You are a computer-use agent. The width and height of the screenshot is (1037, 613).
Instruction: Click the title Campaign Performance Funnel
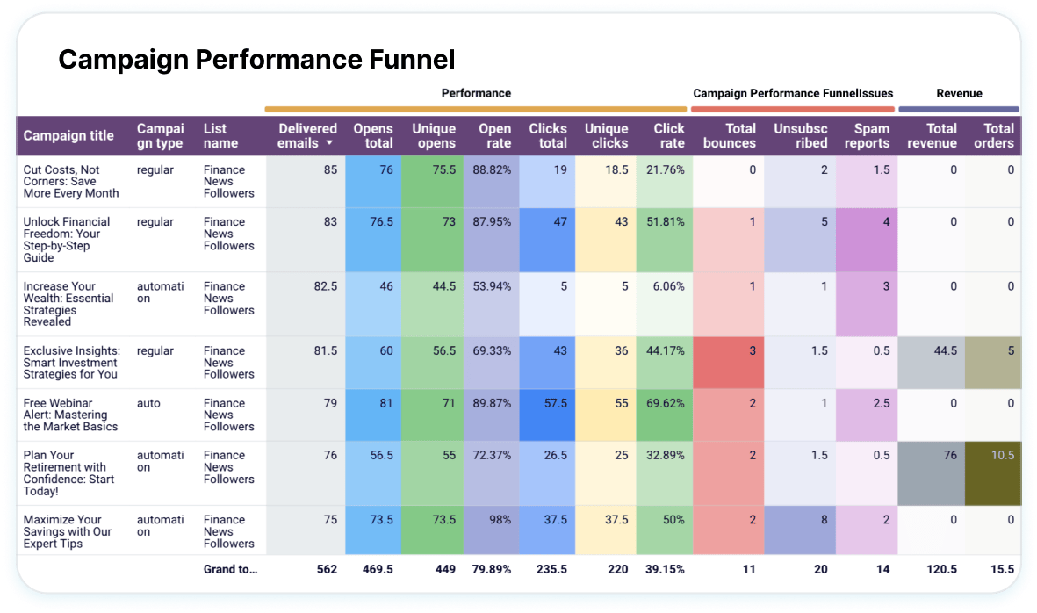(x=256, y=60)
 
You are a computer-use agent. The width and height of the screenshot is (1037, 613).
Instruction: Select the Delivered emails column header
(x=306, y=135)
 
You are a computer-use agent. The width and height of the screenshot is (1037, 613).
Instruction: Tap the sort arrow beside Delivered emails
(x=329, y=143)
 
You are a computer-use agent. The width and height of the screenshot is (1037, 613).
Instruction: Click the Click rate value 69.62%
(x=666, y=403)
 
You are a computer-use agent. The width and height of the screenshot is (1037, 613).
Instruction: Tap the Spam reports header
(x=867, y=135)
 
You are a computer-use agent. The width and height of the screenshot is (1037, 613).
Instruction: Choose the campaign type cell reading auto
(x=148, y=403)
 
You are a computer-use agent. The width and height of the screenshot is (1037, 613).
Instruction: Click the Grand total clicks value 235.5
(x=549, y=569)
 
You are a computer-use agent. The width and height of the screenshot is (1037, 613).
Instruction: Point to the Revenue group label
(x=959, y=93)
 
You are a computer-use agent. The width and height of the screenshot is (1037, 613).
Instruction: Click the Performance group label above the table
(x=476, y=93)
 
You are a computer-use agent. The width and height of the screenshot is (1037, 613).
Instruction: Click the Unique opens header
(x=434, y=135)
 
